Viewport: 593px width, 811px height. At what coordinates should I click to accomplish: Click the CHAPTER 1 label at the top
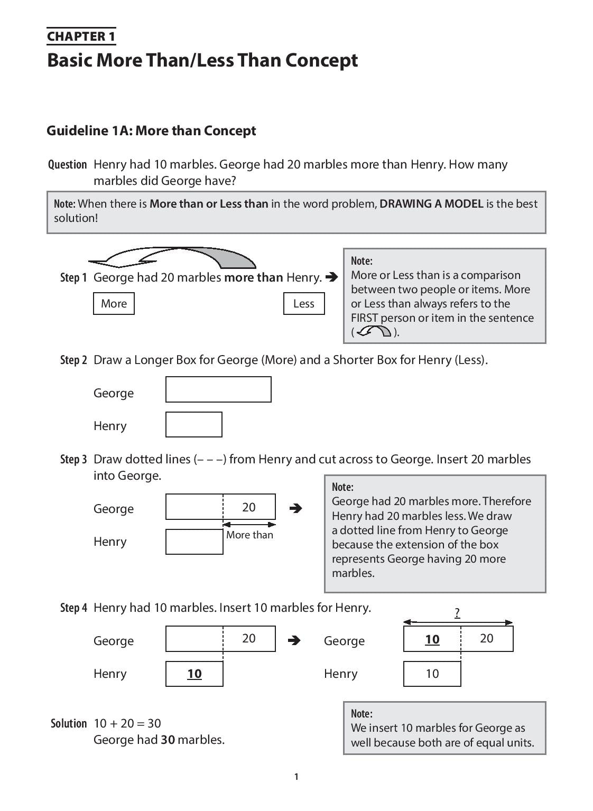pos(81,36)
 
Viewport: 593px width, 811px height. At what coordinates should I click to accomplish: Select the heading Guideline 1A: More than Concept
pos(151,130)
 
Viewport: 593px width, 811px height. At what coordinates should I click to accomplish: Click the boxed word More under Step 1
pos(114,303)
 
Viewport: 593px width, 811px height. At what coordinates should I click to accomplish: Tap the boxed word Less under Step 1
pos(304,303)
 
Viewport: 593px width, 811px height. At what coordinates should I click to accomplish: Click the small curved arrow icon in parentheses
pos(374,332)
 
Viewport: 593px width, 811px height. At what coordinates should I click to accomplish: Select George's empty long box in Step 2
pos(218,389)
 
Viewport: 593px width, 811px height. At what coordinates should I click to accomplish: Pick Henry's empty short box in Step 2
pos(193,424)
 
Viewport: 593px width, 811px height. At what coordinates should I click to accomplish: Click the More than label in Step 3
pos(249,535)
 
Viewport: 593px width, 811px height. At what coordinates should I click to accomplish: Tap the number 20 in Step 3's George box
pos(248,507)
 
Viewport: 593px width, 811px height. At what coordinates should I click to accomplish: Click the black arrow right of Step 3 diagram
pos(296,508)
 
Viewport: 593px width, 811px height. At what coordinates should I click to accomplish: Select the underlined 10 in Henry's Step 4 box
pos(194,674)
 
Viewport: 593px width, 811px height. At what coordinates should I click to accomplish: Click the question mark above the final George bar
pos(457,613)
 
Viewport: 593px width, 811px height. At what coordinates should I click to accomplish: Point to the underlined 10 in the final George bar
pos(432,639)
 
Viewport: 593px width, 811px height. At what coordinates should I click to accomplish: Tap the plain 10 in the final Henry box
pos(432,674)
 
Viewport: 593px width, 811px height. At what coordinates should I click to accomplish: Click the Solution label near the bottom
pos(69,723)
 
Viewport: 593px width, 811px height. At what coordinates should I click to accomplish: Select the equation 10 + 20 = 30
pos(127,723)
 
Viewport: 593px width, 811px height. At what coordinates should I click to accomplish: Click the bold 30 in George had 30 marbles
pos(168,740)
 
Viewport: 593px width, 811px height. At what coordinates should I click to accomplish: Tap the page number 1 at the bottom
pos(296,777)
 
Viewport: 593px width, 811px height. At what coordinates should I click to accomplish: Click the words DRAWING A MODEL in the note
pos(431,203)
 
